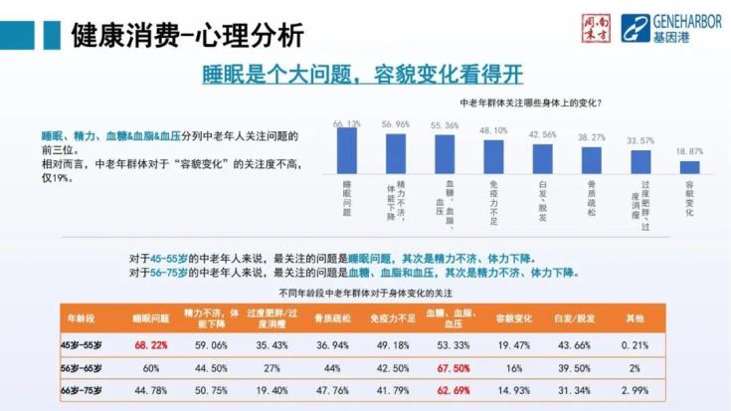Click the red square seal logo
[595, 28]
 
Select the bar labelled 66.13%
[347, 151]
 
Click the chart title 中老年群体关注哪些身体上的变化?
[529, 103]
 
